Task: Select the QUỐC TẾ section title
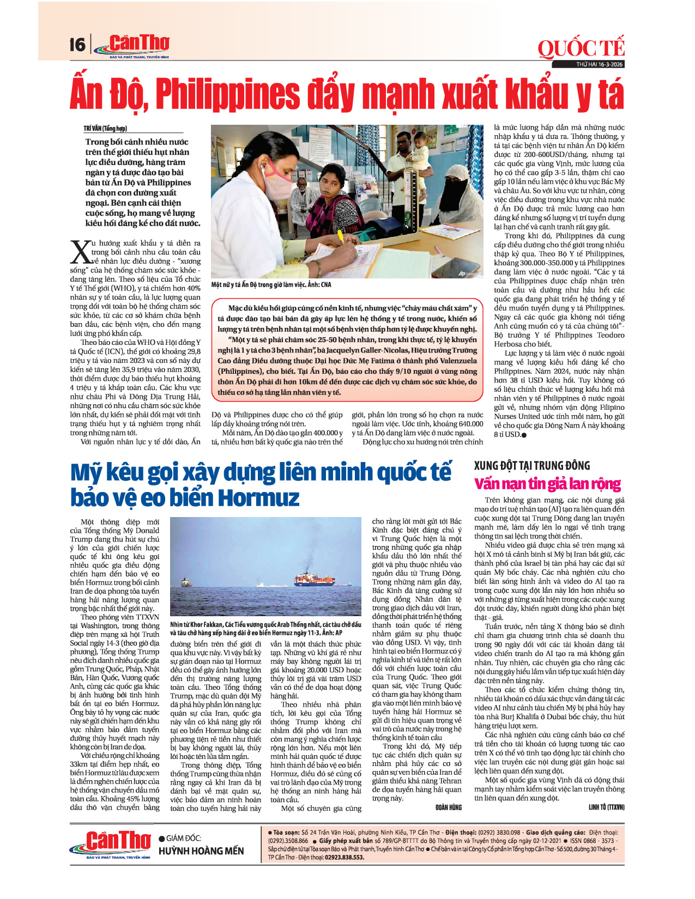click(x=581, y=48)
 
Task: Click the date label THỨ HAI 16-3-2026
click(x=599, y=65)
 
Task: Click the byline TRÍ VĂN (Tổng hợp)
click(x=105, y=129)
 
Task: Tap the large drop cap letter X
click(x=81, y=252)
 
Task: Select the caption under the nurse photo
click(x=271, y=284)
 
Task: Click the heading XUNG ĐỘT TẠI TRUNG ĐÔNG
click(x=532, y=465)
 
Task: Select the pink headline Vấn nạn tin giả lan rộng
click(x=547, y=484)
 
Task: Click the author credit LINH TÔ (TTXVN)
click(x=606, y=807)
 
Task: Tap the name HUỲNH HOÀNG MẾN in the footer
click(x=201, y=851)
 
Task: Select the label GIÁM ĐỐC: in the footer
click(x=183, y=839)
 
